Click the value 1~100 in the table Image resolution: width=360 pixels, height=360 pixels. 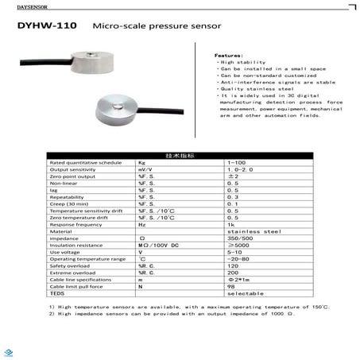coord(236,162)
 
